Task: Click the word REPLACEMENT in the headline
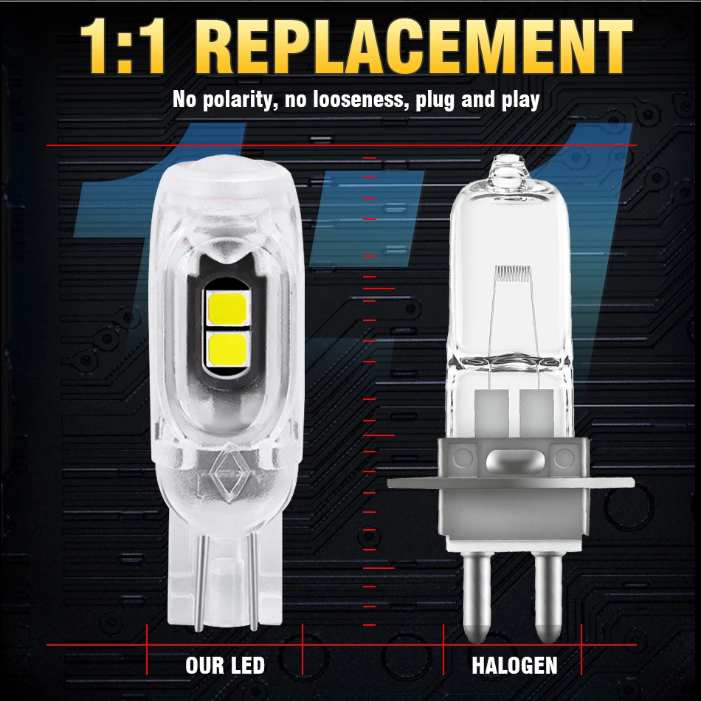click(x=419, y=46)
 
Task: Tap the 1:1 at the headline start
click(x=123, y=46)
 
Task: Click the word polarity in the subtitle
click(x=238, y=100)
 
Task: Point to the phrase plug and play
click(x=477, y=100)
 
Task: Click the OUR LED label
click(x=225, y=666)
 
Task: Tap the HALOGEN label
click(x=514, y=666)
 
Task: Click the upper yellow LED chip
click(x=227, y=308)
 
